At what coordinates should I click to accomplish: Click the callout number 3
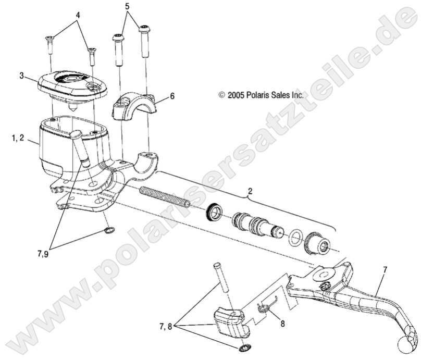click(22, 76)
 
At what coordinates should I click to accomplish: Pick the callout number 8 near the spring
click(282, 323)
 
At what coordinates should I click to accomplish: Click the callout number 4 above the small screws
click(78, 15)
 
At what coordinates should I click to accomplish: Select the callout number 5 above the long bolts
click(127, 7)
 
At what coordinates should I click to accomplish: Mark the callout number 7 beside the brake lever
click(385, 270)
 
